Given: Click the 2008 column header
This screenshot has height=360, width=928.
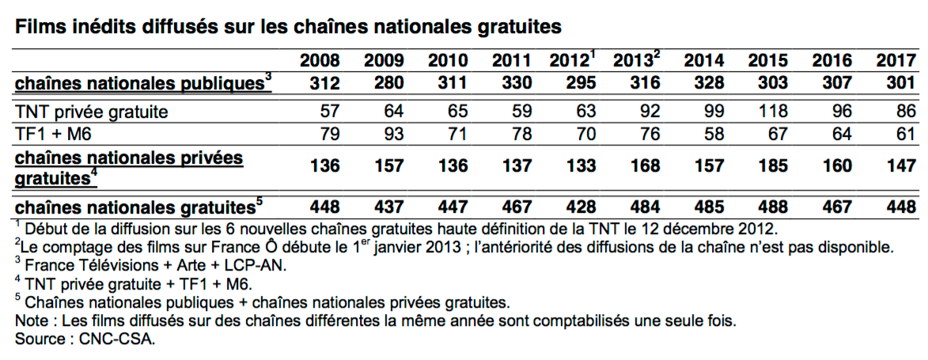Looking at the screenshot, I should pos(320,60).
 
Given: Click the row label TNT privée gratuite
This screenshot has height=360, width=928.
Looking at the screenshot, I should pos(92,112).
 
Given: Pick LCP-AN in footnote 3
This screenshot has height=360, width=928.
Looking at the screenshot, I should pos(259,267).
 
